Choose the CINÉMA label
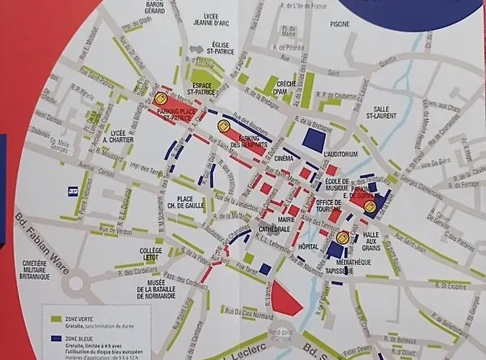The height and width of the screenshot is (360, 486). tap(284, 158)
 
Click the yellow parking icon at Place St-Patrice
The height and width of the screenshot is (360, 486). tap(161, 98)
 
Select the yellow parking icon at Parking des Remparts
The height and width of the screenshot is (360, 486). tap(222, 125)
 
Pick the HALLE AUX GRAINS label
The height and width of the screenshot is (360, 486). tap(371, 241)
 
